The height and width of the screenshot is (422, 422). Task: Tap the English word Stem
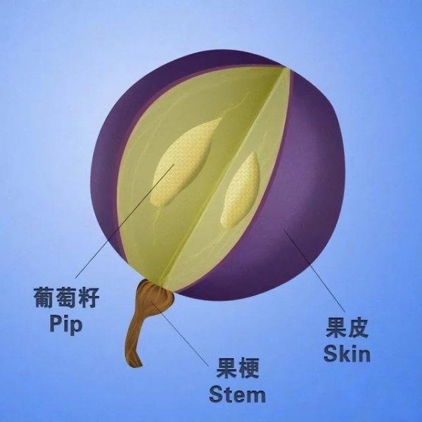tap(238, 393)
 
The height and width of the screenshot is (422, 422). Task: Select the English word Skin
tap(346, 352)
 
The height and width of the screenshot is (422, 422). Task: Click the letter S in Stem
tap(217, 393)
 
